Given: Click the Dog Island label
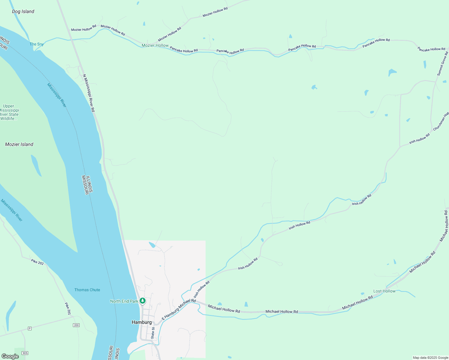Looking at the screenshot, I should point(23,12).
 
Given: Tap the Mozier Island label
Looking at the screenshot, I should point(19,144).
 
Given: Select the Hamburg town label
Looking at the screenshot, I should point(142,322).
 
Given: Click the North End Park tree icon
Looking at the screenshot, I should point(143,301).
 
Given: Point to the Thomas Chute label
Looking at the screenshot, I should point(87,290).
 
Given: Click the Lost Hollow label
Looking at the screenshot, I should point(384,291).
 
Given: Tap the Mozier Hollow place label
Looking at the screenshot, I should point(155,45).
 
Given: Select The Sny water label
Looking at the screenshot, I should point(37,44).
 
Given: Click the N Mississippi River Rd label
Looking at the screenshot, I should point(89,93).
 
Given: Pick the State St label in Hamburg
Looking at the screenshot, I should point(153,333).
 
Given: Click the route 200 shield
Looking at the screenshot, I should point(76,325).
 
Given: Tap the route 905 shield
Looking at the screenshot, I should point(25,353).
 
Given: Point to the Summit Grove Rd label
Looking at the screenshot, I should point(442,64).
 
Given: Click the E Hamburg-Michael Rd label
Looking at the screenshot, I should point(179,309).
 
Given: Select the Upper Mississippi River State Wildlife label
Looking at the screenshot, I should point(9,112).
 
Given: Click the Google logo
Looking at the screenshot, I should point(10,356).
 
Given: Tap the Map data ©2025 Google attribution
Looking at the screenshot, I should point(430,358).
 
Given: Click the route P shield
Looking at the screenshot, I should point(29,328).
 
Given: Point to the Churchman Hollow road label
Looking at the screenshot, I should point(441,121).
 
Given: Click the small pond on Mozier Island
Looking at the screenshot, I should point(36,165).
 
